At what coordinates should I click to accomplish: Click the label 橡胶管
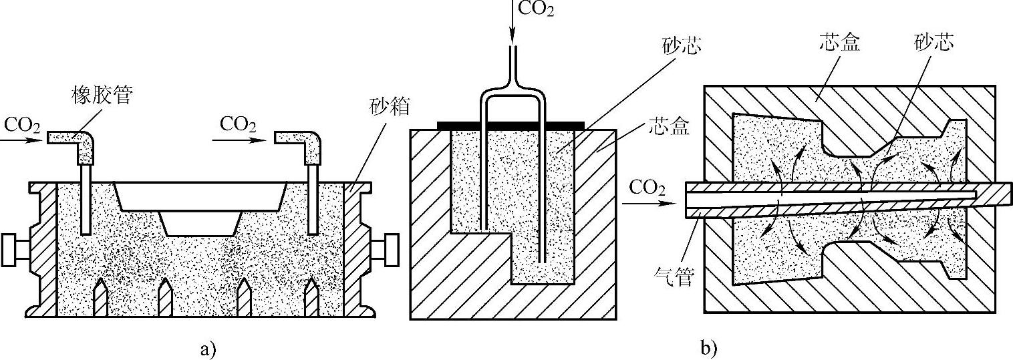click(101, 96)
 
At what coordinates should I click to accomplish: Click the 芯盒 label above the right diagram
click(838, 43)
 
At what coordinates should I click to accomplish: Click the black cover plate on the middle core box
click(511, 125)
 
